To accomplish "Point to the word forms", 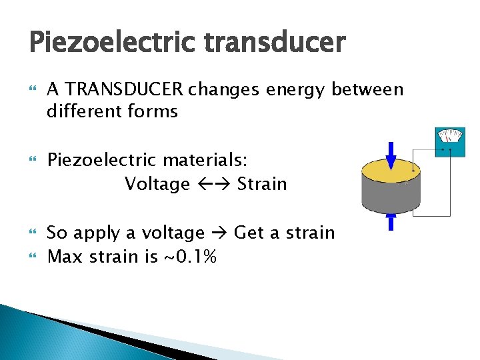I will (x=155, y=111).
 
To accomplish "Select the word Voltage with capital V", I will (x=157, y=183).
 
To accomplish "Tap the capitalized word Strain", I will (x=262, y=183).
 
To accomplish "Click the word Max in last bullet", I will (x=65, y=256).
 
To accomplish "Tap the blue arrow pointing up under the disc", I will (x=391, y=221).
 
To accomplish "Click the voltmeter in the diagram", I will (x=449, y=139).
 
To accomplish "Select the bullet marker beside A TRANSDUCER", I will (x=33, y=89).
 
